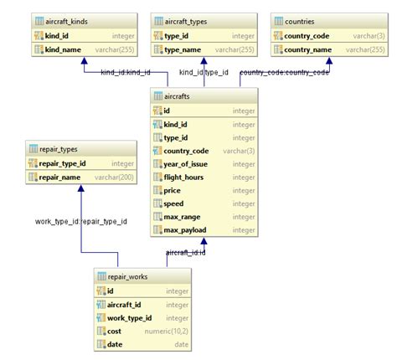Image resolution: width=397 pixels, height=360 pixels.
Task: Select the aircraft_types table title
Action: point(191,20)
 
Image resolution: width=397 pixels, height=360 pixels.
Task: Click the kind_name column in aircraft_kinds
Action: point(63,50)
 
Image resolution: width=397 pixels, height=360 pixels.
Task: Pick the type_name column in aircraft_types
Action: point(183,50)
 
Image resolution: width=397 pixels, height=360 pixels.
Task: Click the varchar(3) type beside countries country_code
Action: point(369,36)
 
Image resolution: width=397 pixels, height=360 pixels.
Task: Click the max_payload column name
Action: point(185,230)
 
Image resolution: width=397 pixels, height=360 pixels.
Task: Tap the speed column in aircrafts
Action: point(174,203)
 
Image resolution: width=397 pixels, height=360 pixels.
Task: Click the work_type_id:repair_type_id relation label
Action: point(81,222)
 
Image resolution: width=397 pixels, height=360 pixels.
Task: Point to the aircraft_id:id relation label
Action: point(186,252)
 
